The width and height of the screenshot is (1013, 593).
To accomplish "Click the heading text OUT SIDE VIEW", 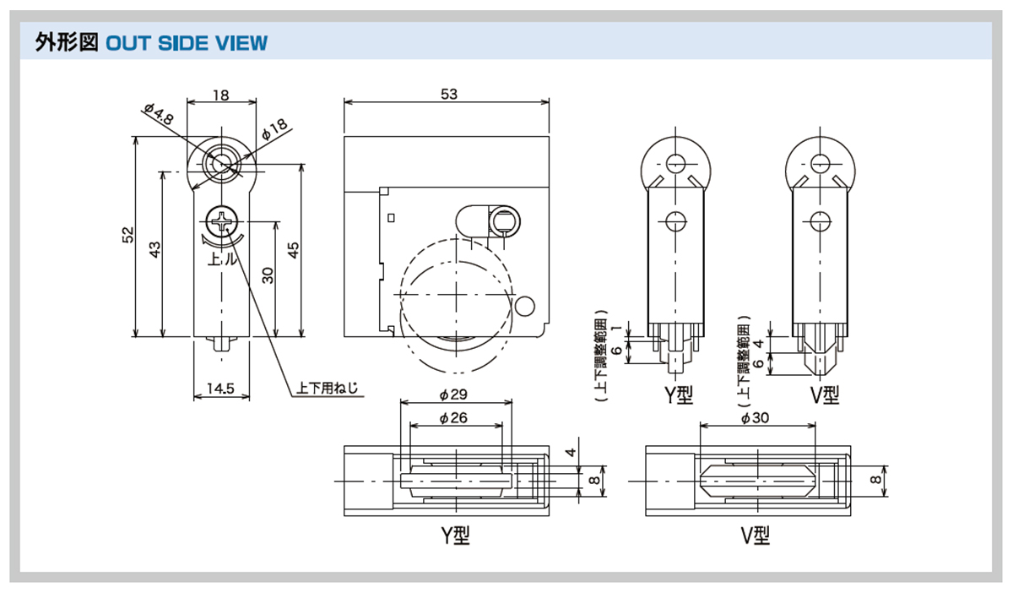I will [187, 42].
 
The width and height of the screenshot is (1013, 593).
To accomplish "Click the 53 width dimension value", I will [448, 95].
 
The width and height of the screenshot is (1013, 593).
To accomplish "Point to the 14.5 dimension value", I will [220, 389].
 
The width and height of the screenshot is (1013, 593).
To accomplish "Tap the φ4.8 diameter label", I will [158, 114].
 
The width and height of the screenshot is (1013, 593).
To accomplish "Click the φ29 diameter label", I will [454, 394].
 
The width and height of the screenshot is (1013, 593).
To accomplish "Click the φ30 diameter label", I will [756, 417].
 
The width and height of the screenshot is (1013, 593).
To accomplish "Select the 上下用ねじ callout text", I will [327, 389].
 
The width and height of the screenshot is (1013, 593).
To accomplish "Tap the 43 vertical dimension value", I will [154, 251].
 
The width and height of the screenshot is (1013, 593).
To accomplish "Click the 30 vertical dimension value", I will [268, 276].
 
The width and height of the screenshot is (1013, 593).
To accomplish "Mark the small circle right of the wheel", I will [526, 305].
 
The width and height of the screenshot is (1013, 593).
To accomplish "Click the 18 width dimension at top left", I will [220, 95].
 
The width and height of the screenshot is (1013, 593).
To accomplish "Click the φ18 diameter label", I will [274, 128].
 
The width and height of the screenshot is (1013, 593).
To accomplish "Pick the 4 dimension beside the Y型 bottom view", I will [572, 453].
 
